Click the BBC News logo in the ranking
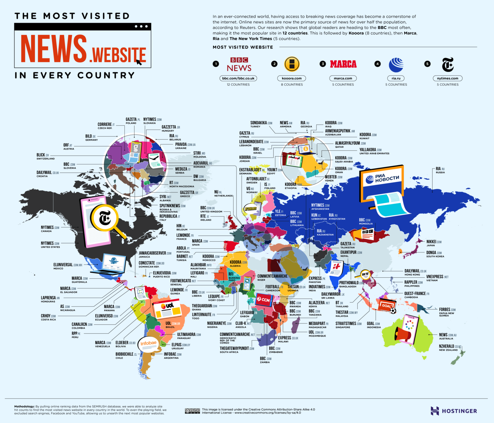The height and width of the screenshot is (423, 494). click(239, 65)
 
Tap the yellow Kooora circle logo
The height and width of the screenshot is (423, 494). click(292, 64)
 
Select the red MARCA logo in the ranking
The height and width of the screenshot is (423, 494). click(343, 64)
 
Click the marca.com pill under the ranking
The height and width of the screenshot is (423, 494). click(343, 78)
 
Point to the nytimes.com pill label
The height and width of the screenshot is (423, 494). click(447, 78)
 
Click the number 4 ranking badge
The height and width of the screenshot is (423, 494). click(378, 64)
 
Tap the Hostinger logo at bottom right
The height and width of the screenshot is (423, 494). click(454, 411)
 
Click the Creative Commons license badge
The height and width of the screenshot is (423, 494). click(192, 411)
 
